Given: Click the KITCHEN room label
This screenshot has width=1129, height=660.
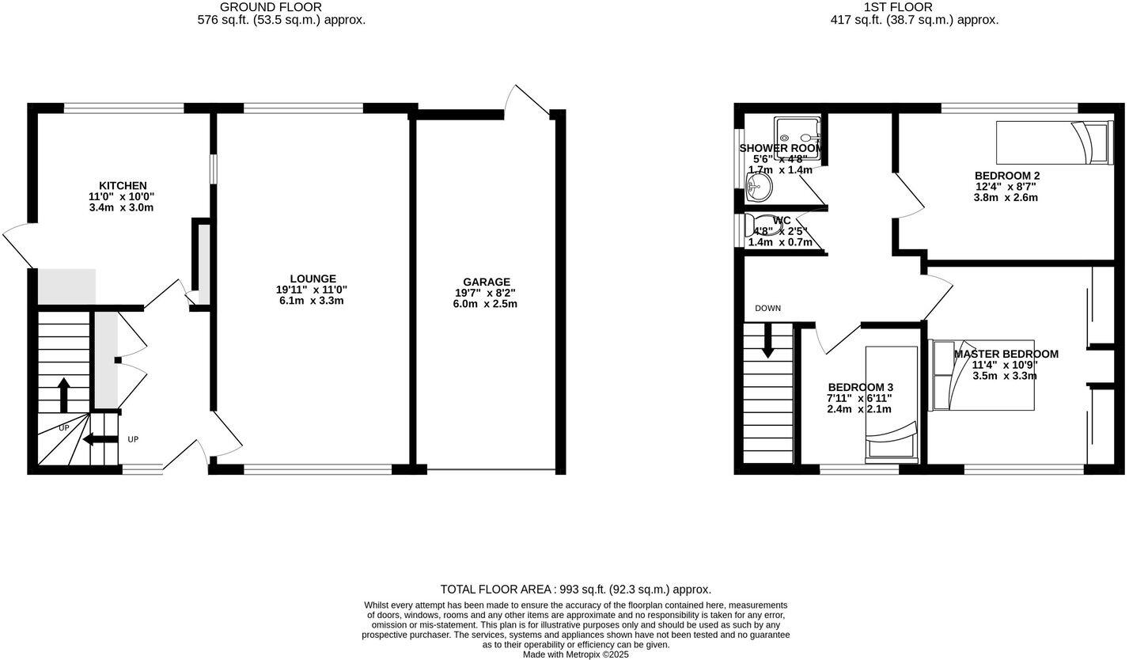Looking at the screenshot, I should coord(123,186).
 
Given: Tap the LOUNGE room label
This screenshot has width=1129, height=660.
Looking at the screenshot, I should coord(313,279).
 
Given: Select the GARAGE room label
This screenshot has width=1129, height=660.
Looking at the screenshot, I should coord(487,282).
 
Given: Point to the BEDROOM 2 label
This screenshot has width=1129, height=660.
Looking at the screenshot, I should coord(1006,176).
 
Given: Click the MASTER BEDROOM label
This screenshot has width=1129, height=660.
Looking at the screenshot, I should coord(1006,354).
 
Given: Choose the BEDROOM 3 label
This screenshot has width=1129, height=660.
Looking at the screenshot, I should coord(859,387).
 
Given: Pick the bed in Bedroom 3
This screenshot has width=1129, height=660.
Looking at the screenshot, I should coord(892,404).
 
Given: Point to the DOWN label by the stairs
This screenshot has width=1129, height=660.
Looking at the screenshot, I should coord(767,308).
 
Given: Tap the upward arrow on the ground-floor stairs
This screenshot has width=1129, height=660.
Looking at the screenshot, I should coord(64,393).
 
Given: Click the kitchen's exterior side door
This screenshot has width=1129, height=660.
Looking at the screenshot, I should coord(17,245).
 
